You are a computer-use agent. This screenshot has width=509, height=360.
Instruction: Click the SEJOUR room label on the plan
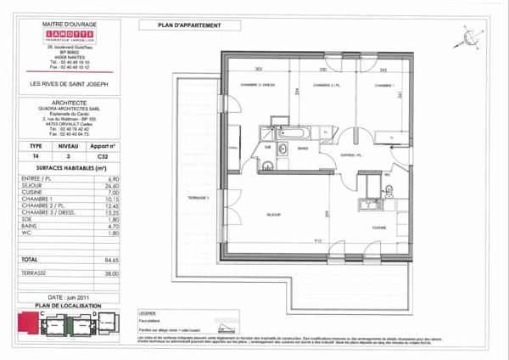pyautogui.click(x=273, y=214)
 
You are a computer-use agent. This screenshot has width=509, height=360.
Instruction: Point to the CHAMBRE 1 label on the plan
pyautogui.click(x=384, y=86)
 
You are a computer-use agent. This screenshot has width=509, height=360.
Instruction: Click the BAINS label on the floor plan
pyautogui.click(x=303, y=148)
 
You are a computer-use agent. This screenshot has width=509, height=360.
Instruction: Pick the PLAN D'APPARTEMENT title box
pyautogui.click(x=190, y=25)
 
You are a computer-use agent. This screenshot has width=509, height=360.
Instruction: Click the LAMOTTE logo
pyautogui.click(x=70, y=44)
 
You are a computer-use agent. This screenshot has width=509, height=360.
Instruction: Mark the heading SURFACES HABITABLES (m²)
pyautogui.click(x=68, y=169)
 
